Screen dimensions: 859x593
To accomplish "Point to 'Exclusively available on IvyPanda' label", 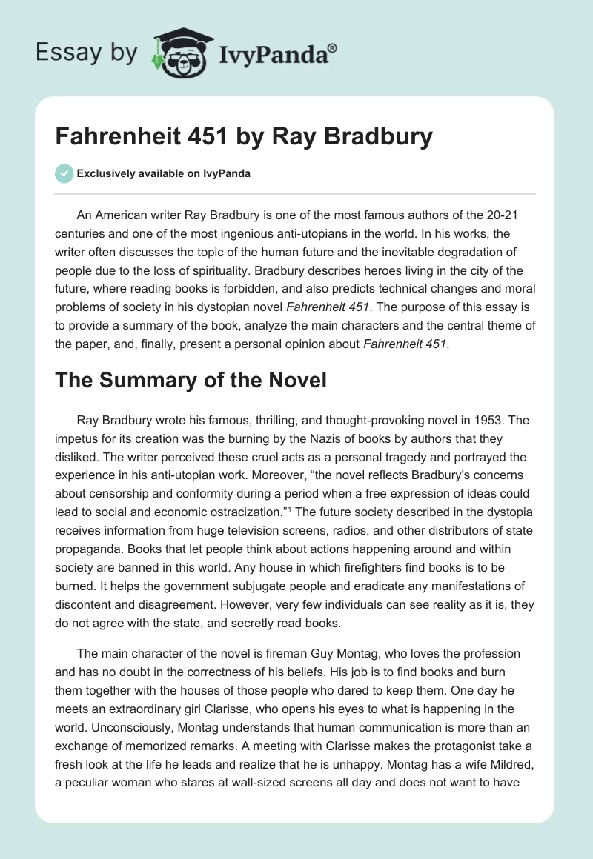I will (x=163, y=174).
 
